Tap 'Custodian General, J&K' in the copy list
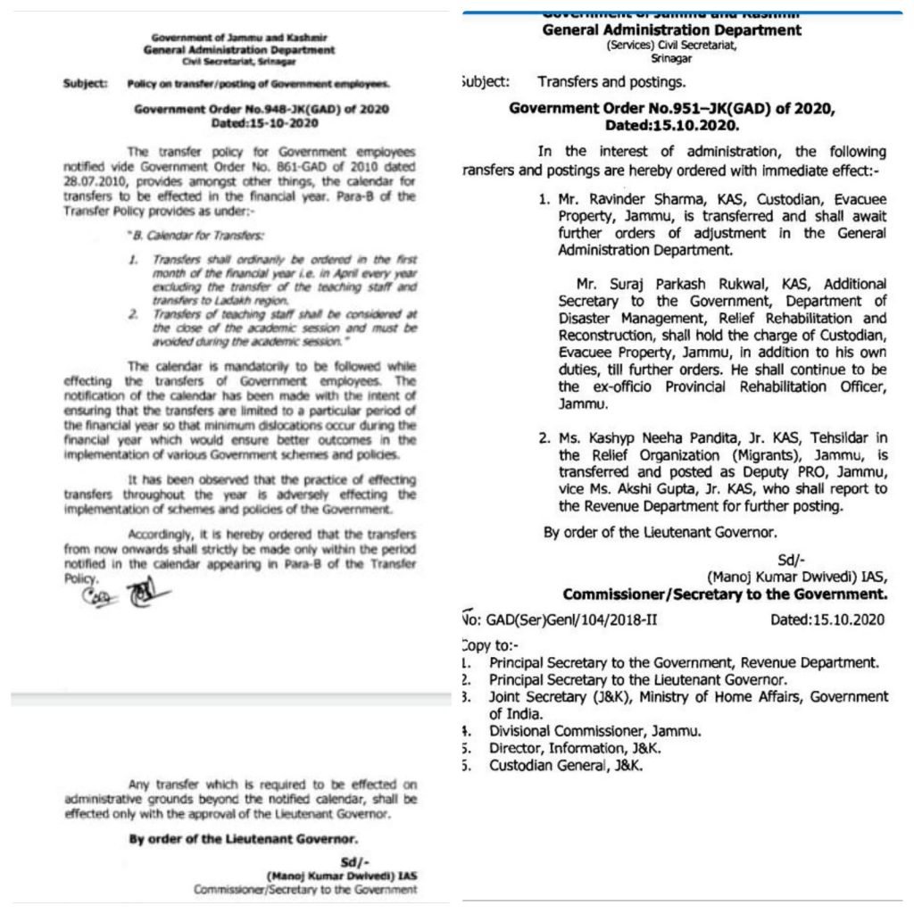pos(566,765)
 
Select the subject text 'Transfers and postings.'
pos(611,81)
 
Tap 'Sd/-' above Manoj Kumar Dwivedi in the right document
pos(786,561)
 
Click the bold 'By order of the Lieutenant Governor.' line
pos(244,839)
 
